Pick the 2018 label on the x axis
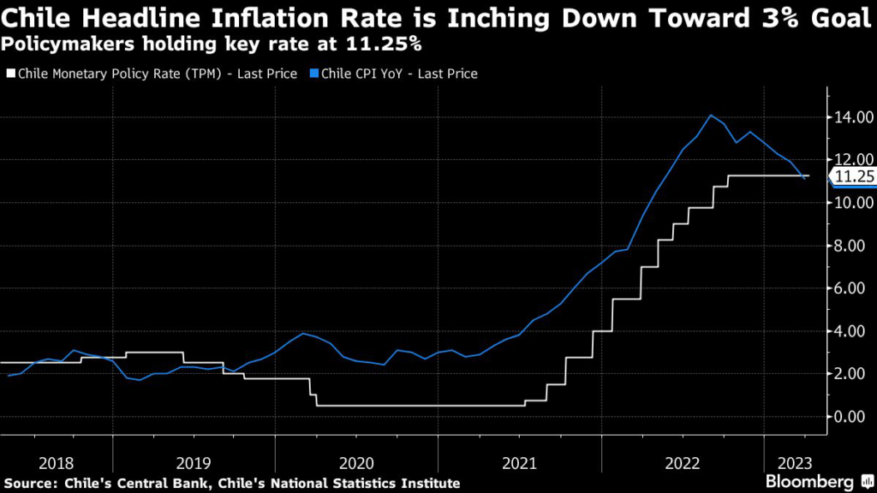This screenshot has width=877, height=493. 57,464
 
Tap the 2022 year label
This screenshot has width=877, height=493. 683,464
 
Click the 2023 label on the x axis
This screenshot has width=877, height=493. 795,464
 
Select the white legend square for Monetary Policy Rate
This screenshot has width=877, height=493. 10,74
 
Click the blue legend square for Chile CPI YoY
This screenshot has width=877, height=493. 314,74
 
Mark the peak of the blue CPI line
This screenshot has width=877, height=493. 710,116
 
